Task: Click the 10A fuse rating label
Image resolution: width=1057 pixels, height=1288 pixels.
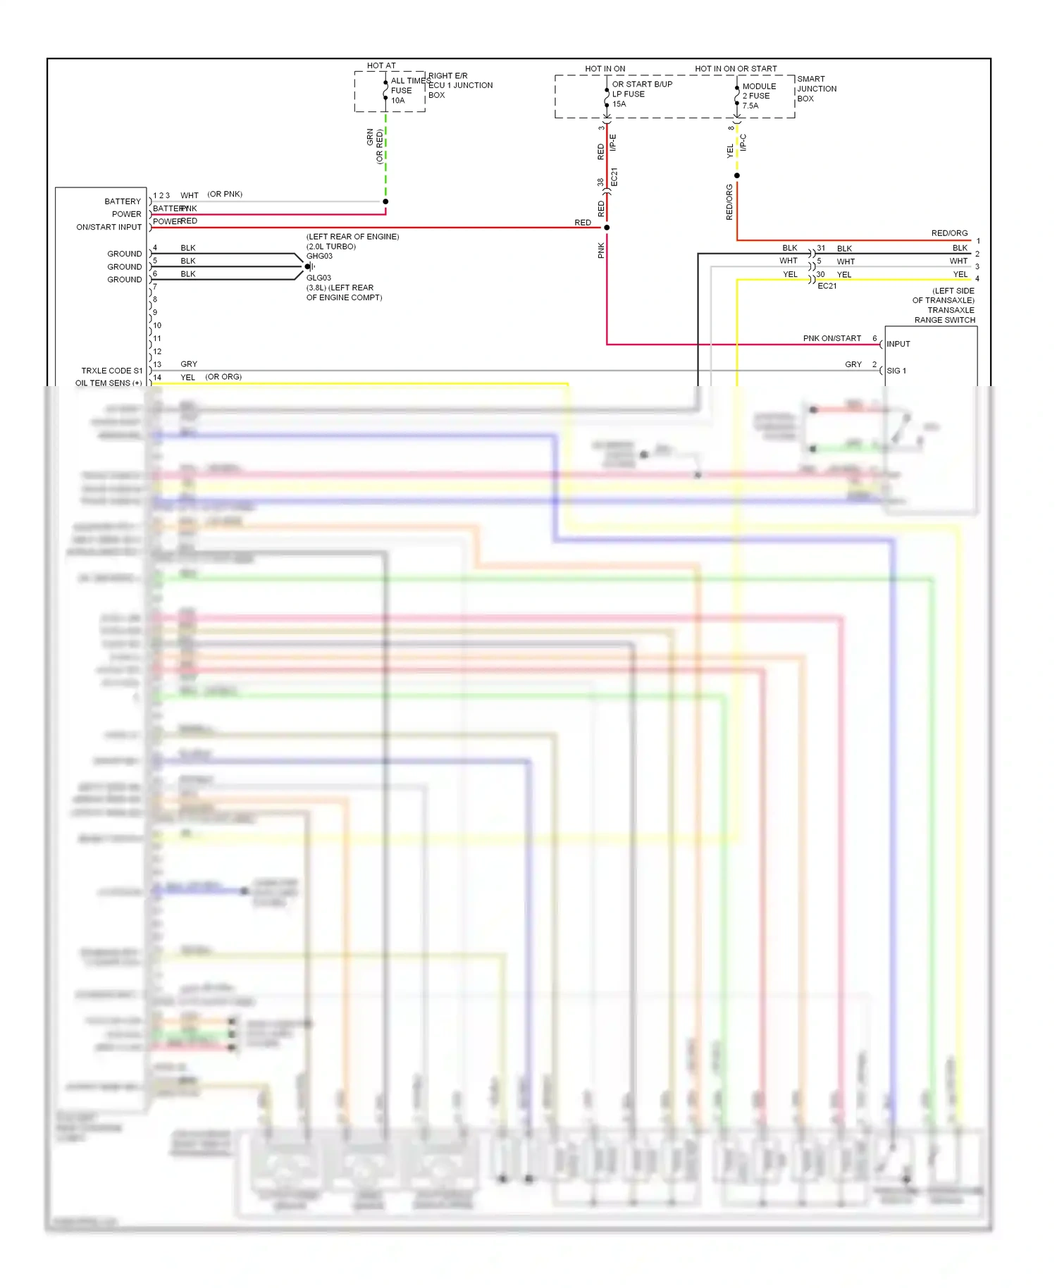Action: [398, 101]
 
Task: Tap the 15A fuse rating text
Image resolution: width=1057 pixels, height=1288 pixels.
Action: [619, 104]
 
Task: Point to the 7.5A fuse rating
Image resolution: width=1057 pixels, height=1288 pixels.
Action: [750, 106]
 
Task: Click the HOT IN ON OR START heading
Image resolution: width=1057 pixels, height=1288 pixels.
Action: [736, 69]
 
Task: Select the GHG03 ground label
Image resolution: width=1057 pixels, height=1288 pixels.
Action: [319, 256]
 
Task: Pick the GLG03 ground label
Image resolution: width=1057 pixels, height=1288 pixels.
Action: [319, 278]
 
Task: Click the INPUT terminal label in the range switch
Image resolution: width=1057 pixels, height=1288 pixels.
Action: [898, 344]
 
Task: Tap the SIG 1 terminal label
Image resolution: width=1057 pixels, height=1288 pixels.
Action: [896, 371]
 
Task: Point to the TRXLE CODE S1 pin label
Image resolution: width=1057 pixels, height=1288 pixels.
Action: [111, 371]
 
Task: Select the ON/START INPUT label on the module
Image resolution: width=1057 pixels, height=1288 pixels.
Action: [109, 227]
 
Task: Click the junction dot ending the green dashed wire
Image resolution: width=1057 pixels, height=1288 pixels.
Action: [385, 202]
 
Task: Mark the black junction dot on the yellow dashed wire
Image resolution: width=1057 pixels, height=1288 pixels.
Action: [737, 175]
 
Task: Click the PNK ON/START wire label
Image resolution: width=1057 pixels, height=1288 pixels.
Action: [832, 338]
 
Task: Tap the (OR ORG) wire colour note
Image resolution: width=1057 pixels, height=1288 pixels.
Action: [223, 377]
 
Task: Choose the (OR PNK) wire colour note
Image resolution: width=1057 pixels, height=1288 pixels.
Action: [225, 194]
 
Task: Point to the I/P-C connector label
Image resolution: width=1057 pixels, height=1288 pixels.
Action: [743, 143]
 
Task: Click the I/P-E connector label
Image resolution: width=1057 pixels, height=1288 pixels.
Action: [613, 143]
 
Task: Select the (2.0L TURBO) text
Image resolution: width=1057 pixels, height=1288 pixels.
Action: [331, 247]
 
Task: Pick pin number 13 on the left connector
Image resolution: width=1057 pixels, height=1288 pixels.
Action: [157, 364]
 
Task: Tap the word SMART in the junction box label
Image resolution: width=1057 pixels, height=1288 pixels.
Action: [811, 79]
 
